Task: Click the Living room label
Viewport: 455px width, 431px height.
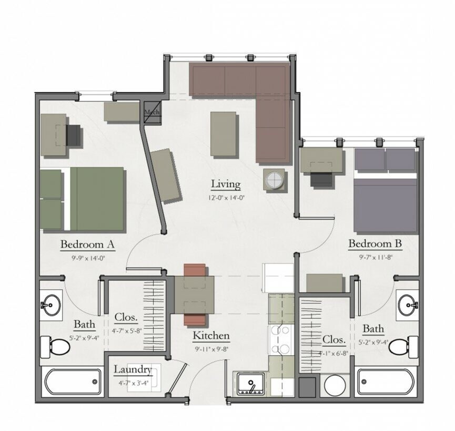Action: pos(226,184)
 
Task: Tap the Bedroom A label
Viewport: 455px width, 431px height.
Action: pos(87,244)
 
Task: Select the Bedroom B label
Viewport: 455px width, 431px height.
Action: pos(375,244)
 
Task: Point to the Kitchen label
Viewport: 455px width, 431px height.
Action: pos(211,336)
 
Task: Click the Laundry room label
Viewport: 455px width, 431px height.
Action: pos(133,369)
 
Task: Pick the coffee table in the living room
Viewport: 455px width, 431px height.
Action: pos(224,134)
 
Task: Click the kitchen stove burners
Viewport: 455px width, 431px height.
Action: pos(281,340)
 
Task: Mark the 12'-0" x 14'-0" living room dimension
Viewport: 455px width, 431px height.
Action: pos(226,199)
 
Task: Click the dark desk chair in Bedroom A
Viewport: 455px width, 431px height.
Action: pos(74,135)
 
